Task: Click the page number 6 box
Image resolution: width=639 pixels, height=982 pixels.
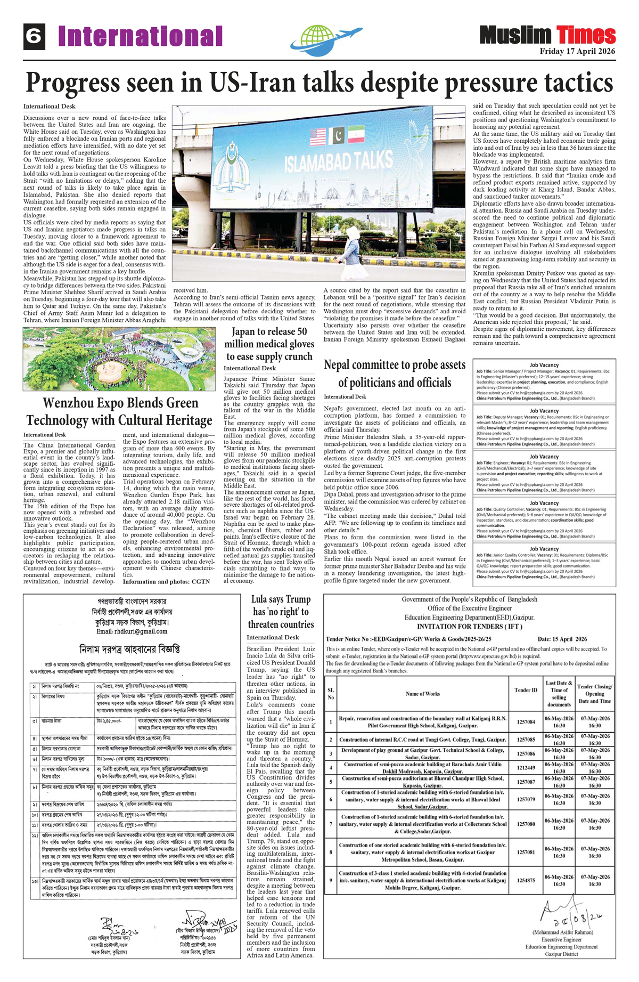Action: point(34,37)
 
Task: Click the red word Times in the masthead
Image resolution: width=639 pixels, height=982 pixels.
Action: point(586,35)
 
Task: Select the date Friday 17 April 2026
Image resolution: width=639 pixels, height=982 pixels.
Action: point(577,52)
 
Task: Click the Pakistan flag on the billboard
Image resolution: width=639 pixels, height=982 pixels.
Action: point(338,136)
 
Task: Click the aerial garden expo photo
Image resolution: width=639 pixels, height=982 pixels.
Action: point(119,359)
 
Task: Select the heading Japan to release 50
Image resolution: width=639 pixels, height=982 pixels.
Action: point(269,332)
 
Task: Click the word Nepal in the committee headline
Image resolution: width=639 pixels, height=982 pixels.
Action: point(341,365)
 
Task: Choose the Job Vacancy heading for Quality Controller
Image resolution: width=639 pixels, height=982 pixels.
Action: point(544,503)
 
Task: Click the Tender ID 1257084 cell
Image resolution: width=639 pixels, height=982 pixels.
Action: point(526,721)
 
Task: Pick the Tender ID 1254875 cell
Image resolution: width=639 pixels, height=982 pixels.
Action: point(526,881)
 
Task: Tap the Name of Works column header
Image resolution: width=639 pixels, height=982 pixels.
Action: point(423,694)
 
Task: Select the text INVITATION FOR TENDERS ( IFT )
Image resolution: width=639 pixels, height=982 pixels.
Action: point(469,627)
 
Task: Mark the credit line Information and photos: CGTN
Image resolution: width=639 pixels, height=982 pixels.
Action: point(167,582)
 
